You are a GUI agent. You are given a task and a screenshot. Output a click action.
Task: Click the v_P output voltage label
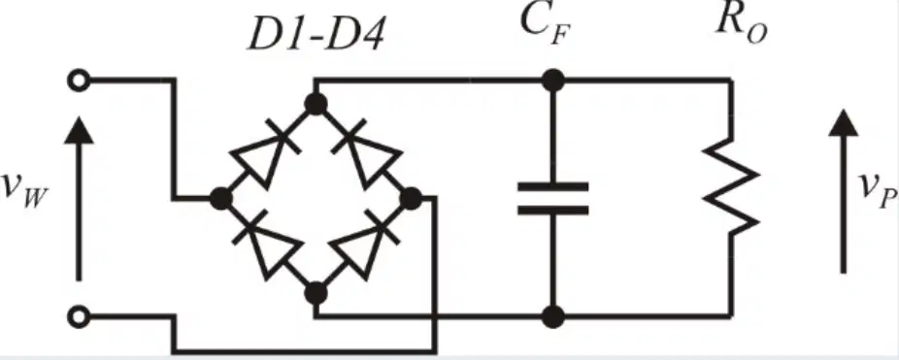pos(878,190)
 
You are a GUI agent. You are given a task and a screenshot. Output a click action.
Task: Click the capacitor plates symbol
pos(552,198)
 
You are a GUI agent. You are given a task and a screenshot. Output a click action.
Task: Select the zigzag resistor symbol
pos(731,186)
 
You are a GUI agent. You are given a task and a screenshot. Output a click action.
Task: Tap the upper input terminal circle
pos(79,81)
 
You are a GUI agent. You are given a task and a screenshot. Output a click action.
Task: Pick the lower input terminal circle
pos(79,316)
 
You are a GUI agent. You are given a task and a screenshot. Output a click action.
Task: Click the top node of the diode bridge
pos(316,105)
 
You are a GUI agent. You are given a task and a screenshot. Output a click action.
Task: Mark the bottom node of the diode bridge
pos(316,293)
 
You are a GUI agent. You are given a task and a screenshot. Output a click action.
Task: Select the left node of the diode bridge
pos(220,199)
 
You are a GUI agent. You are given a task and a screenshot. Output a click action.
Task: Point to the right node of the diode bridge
pos(411,199)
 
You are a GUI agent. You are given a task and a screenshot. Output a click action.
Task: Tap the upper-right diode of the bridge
pos(367,152)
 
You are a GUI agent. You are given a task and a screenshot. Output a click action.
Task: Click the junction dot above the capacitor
pos(552,81)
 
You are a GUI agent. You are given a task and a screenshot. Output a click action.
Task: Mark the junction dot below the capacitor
pos(552,316)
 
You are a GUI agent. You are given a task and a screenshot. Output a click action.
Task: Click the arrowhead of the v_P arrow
pos(844,123)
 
